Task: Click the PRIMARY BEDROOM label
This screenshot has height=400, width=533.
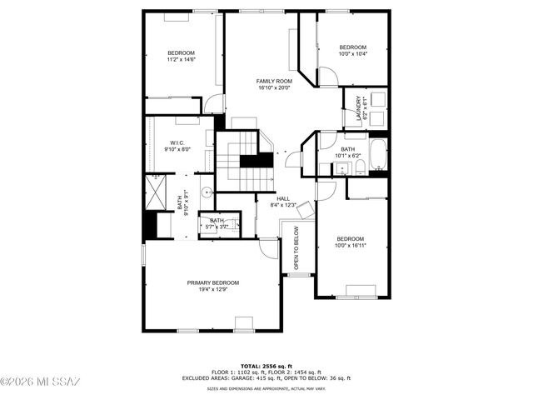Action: point(213,282)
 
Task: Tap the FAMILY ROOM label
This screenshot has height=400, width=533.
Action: point(273,81)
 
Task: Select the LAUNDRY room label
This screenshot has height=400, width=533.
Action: point(360,109)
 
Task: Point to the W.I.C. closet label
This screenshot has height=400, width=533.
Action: point(177,142)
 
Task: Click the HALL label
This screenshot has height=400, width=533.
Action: point(283,198)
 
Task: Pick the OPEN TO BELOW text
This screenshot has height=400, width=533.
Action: point(296,248)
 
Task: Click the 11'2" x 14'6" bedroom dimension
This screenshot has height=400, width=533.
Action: point(181,59)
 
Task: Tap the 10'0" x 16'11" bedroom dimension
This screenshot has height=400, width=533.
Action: point(351,245)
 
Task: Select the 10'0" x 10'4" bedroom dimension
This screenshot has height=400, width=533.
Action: point(352,53)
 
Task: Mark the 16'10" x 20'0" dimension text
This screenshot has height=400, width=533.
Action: point(273,87)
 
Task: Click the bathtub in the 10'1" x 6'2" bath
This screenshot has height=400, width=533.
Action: point(377,155)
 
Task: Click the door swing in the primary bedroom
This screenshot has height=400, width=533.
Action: point(269,247)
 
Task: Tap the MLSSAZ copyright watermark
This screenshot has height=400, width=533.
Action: point(40,382)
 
